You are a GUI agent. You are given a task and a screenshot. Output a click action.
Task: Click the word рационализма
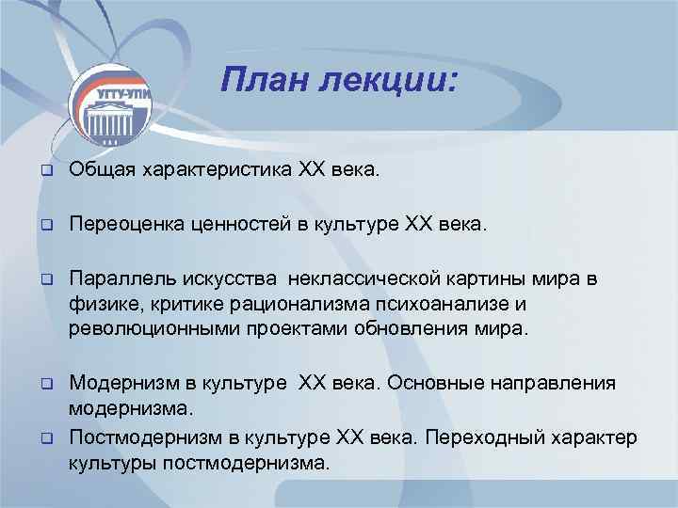click(x=291, y=305)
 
